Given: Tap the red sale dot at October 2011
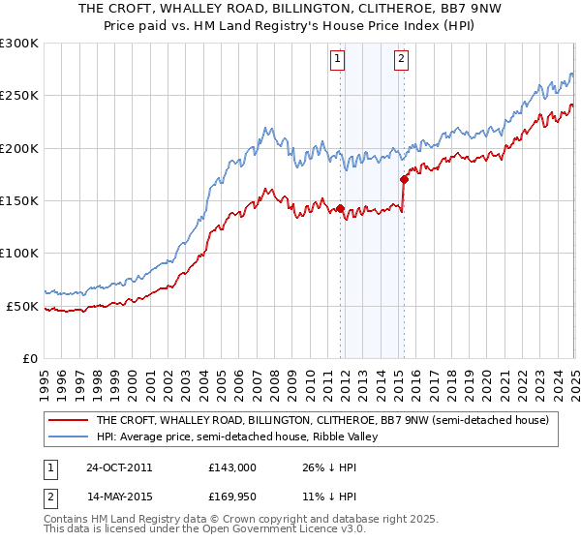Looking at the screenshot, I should (341, 208).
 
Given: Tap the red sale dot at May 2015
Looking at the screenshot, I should (404, 179).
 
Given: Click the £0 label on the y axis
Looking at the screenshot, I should (29, 358).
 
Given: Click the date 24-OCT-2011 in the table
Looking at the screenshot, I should (119, 467).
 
